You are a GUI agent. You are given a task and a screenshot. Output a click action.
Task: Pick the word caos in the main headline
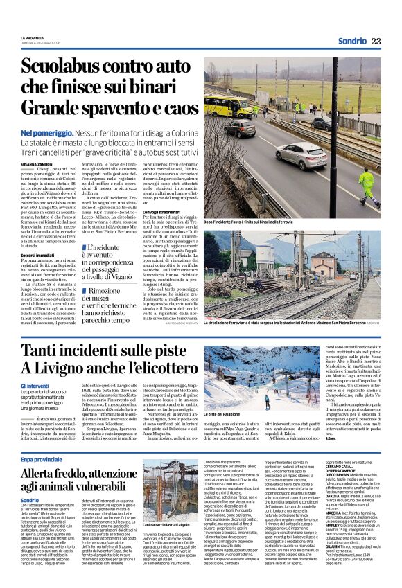[177, 109]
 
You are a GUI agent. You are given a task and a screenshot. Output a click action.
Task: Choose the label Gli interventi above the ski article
[34, 385]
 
